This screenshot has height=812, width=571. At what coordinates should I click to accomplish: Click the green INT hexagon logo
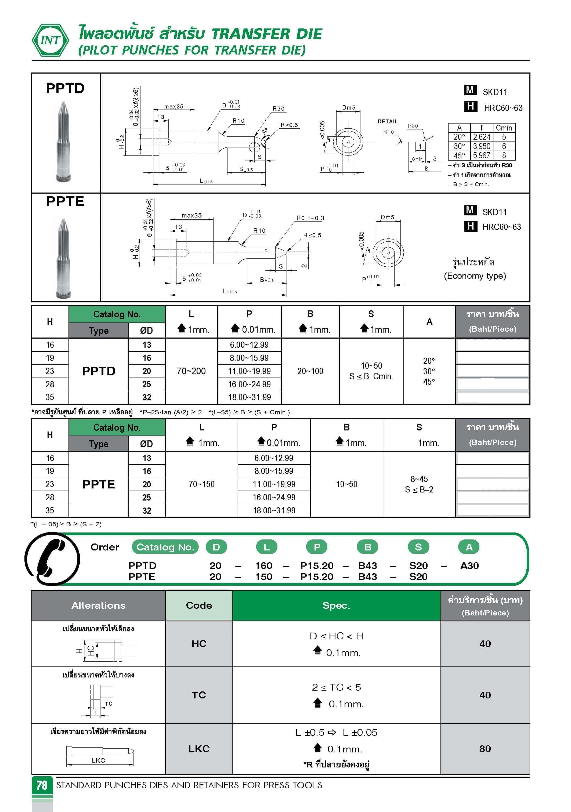click(x=50, y=40)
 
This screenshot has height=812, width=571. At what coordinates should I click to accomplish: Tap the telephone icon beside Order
click(x=52, y=559)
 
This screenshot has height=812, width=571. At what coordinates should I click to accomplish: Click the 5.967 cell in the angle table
click(x=482, y=155)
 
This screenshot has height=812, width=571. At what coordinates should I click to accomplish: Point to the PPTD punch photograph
click(x=64, y=142)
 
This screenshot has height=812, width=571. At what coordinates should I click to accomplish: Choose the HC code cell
click(x=199, y=644)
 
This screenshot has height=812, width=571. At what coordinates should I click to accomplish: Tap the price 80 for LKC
click(x=485, y=748)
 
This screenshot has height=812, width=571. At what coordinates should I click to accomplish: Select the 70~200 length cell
click(x=191, y=371)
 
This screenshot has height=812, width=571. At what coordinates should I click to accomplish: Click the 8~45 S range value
click(x=419, y=479)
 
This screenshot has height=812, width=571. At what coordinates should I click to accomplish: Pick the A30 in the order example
click(x=469, y=565)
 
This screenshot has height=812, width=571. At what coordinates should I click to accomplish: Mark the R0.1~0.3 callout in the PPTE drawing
click(x=310, y=218)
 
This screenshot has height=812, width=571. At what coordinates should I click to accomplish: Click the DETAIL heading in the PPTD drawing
click(x=388, y=121)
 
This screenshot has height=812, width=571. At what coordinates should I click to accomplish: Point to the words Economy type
click(x=475, y=275)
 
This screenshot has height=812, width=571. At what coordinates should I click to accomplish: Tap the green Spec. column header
click(x=336, y=606)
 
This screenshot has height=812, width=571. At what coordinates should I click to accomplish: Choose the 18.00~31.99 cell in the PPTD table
click(x=250, y=397)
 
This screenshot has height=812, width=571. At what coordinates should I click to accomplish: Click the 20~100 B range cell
click(x=310, y=371)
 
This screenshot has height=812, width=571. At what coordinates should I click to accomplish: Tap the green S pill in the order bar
click(x=418, y=547)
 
